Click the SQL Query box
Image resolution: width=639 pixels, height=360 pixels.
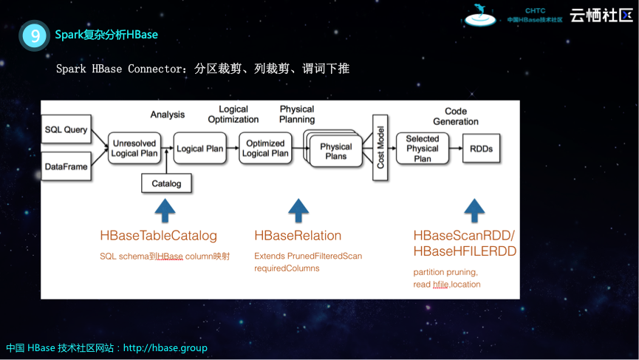66,129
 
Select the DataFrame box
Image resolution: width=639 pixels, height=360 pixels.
66,166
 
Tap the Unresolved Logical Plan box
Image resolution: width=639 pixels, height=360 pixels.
134,148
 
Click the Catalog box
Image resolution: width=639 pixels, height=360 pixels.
166,183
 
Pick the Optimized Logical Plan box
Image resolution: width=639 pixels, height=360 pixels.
265,148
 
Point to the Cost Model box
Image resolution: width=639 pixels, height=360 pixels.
380,147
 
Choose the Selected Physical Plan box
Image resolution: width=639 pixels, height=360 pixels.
423,149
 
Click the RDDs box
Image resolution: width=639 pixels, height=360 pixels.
481,149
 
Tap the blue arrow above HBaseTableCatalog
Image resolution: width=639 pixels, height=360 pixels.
165,211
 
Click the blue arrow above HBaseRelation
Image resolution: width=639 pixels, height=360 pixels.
298,211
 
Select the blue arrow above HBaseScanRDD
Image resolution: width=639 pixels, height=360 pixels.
473,211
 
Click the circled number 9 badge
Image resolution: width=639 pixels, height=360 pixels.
35,35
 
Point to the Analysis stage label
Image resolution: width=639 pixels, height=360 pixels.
168,115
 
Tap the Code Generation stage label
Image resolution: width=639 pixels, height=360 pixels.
456,116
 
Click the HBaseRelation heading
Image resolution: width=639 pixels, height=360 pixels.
298,236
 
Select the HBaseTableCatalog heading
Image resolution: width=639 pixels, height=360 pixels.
159,236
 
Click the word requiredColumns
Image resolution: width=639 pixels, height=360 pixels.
287,268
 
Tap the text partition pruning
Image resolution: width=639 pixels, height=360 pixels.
445,272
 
